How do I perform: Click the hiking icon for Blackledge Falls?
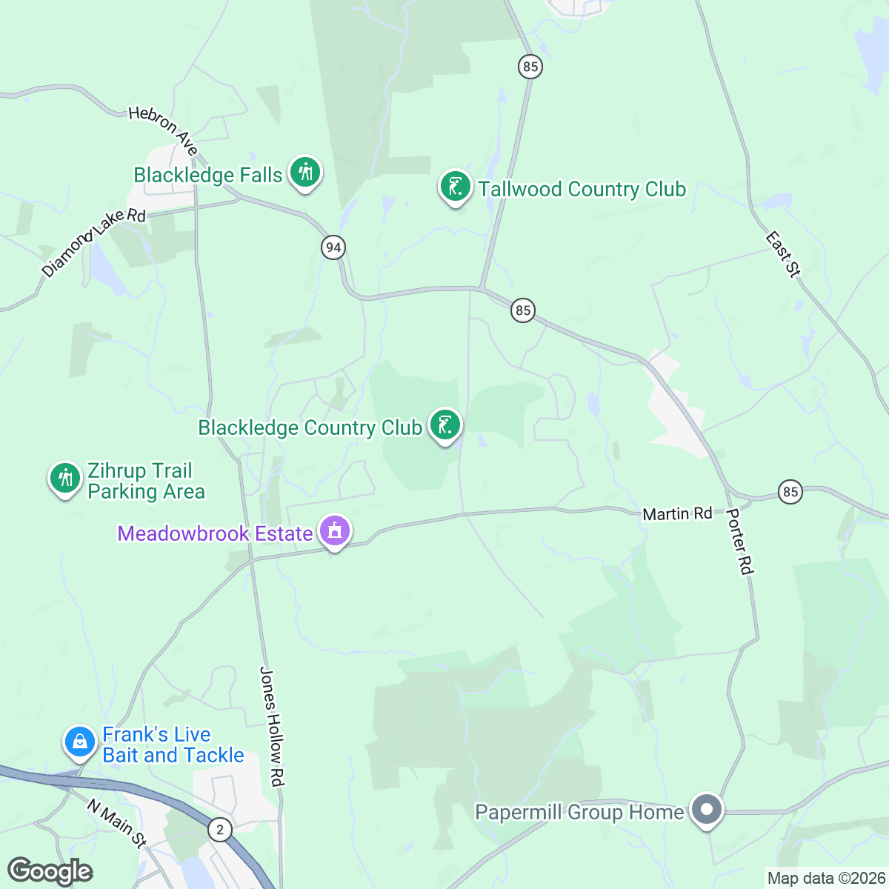coord(304,173)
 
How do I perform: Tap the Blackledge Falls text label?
coord(208,176)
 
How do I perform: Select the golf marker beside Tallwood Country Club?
coord(455,186)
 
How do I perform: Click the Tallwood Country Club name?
coord(582,190)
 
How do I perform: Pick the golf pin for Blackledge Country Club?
coord(444,425)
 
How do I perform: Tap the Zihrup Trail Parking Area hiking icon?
coord(65,478)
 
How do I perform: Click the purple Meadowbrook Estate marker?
coord(335,531)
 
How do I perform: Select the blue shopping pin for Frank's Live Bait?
coord(80,742)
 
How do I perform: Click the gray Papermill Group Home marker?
coord(707,809)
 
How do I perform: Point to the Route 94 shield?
coord(333,247)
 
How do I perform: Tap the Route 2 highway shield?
coord(219,829)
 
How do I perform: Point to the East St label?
coord(782,254)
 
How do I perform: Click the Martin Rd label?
coord(677,513)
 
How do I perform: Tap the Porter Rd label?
coord(739,541)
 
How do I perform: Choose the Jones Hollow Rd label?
coord(272,725)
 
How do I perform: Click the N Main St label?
coord(116,823)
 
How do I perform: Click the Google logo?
coord(50,871)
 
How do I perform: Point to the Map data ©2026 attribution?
coord(825,879)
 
